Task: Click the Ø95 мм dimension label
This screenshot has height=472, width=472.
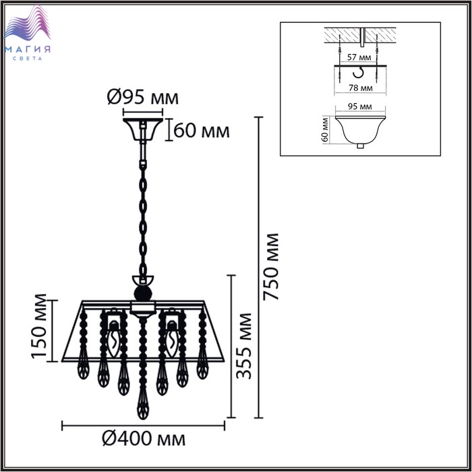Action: point(143,98)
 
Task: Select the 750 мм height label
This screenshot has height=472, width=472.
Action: point(270,267)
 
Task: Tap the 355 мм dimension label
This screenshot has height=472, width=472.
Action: point(243,346)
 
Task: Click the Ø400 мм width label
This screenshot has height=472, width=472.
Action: point(144,439)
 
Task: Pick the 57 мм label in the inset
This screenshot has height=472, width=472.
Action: point(359,57)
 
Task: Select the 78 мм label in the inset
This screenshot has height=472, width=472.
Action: point(360,88)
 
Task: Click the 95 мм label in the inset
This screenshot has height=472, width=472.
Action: point(359,107)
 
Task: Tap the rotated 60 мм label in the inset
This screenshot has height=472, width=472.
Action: point(325,129)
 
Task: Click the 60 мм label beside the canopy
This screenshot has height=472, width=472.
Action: point(202,131)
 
